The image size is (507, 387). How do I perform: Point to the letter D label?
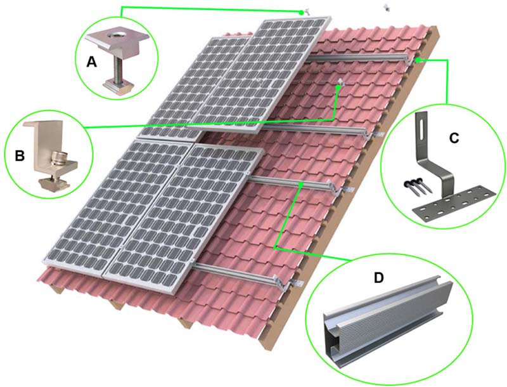378,278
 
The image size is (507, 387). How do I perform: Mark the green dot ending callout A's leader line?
302,12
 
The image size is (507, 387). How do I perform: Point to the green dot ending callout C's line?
419,60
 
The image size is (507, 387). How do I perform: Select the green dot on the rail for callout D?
300,185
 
